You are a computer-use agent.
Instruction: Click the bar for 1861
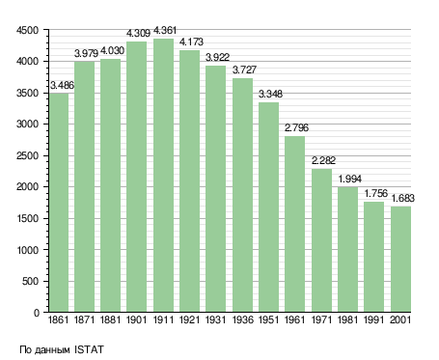pyautogui.click(x=59, y=203)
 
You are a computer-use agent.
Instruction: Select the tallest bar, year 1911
pyautogui.click(x=163, y=175)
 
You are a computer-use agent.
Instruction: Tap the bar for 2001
pyautogui.click(x=400, y=259)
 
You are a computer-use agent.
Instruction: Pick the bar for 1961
pyautogui.click(x=294, y=224)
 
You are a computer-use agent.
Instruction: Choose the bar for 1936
pyautogui.click(x=242, y=195)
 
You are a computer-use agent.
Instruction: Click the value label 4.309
pyautogui.click(x=138, y=33)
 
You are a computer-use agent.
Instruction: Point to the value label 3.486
pyautogui.click(x=62, y=85)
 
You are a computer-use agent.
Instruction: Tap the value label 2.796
pyautogui.click(x=296, y=127)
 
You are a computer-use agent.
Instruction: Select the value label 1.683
pyautogui.click(x=402, y=198)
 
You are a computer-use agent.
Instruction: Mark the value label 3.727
pyautogui.click(x=244, y=69)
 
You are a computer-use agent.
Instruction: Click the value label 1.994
pyautogui.click(x=349, y=179)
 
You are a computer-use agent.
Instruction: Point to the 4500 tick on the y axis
pyautogui.click(x=27, y=30)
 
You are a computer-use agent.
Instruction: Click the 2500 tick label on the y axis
pyautogui.click(x=27, y=155)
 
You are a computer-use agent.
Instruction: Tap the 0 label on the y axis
pyautogui.click(x=37, y=313)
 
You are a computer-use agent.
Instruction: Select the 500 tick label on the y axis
pyautogui.click(x=30, y=282)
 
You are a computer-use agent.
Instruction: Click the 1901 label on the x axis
pyautogui.click(x=137, y=319)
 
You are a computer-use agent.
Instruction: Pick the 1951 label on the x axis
pyautogui.click(x=268, y=319)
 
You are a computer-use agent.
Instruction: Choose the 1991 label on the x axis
pyautogui.click(x=374, y=319)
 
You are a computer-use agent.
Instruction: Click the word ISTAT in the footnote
pyautogui.click(x=89, y=349)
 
